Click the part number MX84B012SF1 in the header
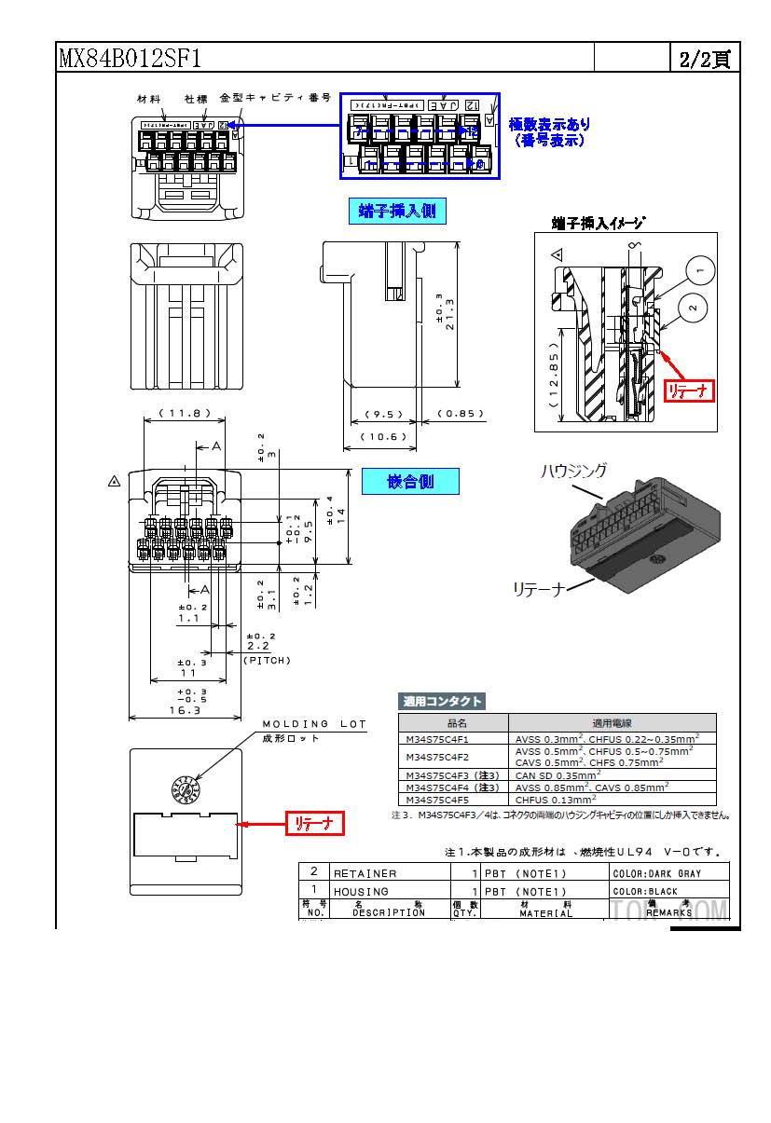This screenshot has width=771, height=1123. point(130,60)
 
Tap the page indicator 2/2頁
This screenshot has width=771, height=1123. point(704,60)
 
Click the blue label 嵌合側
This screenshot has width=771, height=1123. point(410,481)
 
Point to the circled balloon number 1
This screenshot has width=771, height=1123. point(701,270)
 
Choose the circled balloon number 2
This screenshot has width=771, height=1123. point(693,307)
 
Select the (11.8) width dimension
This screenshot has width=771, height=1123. point(184,413)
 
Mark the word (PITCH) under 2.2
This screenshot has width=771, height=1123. point(268,660)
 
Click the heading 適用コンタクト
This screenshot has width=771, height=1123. point(442,701)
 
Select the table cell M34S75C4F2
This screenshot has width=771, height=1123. point(437,756)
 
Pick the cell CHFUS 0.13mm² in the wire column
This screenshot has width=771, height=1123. point(555,799)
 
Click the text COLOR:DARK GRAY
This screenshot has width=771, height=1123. point(656,873)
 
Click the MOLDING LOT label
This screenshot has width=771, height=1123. point(314,724)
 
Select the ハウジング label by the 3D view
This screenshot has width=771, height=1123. point(574,472)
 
